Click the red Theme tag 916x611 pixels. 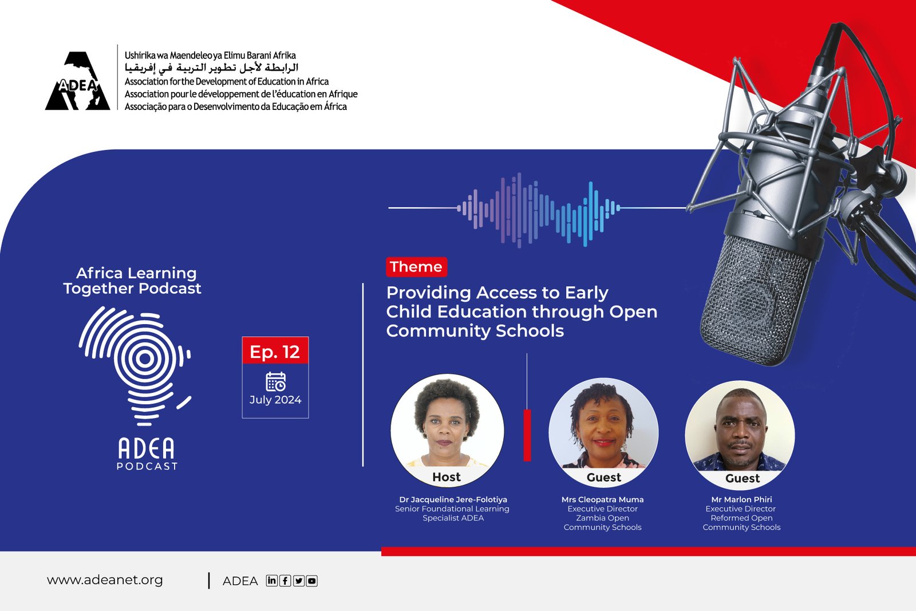pyautogui.click(x=416, y=267)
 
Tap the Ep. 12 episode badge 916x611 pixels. pyautogui.click(x=275, y=350)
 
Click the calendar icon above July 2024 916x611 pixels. pyautogui.click(x=275, y=381)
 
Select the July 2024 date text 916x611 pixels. pyautogui.click(x=275, y=400)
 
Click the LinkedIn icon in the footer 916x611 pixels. pyautogui.click(x=271, y=580)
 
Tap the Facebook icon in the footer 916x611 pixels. pyautogui.click(x=285, y=581)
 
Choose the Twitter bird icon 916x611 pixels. pyautogui.click(x=298, y=581)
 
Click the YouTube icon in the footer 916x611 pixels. pyautogui.click(x=311, y=581)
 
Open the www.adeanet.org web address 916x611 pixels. pyautogui.click(x=105, y=580)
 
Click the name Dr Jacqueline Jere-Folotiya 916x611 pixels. pyautogui.click(x=453, y=499)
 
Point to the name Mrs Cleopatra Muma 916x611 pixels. pyautogui.click(x=602, y=499)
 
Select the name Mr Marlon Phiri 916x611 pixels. pyautogui.click(x=741, y=499)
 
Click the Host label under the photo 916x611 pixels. pyautogui.click(x=446, y=477)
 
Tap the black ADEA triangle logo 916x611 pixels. pyautogui.click(x=78, y=81)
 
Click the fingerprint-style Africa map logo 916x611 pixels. pyautogui.click(x=135, y=366)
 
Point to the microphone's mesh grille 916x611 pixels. pyautogui.click(x=756, y=301)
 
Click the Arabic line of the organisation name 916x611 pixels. pyautogui.click(x=211, y=68)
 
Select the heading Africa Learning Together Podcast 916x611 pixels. pyautogui.click(x=132, y=281)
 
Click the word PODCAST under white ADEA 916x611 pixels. pyautogui.click(x=147, y=466)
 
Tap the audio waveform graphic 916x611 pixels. pyautogui.click(x=538, y=210)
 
